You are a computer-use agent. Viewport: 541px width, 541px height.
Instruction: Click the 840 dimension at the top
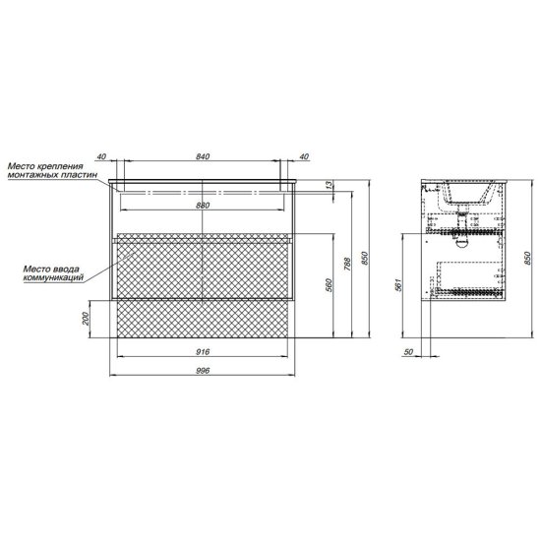(203, 156)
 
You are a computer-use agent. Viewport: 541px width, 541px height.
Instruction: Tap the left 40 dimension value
(101, 156)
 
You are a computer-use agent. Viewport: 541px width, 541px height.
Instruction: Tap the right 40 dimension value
(304, 156)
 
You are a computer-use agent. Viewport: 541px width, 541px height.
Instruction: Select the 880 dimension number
(203, 206)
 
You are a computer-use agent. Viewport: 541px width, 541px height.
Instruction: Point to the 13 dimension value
(330, 185)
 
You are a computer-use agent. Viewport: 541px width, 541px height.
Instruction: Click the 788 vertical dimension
(347, 264)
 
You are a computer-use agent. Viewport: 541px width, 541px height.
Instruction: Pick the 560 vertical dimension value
(329, 285)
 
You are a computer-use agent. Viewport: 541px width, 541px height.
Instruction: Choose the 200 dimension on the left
(86, 319)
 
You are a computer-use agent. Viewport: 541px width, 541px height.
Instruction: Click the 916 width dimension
(203, 352)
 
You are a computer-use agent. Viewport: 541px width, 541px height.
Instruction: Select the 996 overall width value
(203, 371)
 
